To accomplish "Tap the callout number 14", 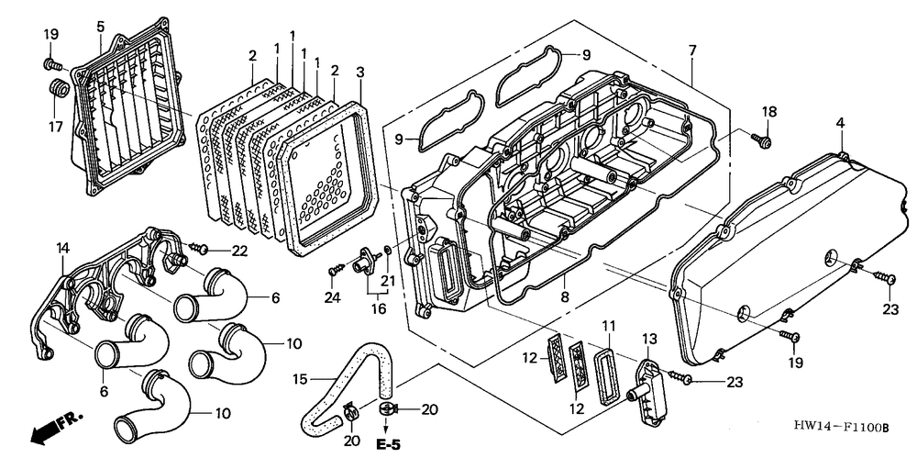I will click(x=62, y=248).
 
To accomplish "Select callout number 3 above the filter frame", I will click(x=360, y=72).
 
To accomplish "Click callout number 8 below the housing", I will click(x=564, y=297).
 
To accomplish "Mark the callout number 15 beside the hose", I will click(x=300, y=379).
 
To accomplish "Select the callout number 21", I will click(x=389, y=279).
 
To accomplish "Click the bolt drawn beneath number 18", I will click(x=762, y=140).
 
